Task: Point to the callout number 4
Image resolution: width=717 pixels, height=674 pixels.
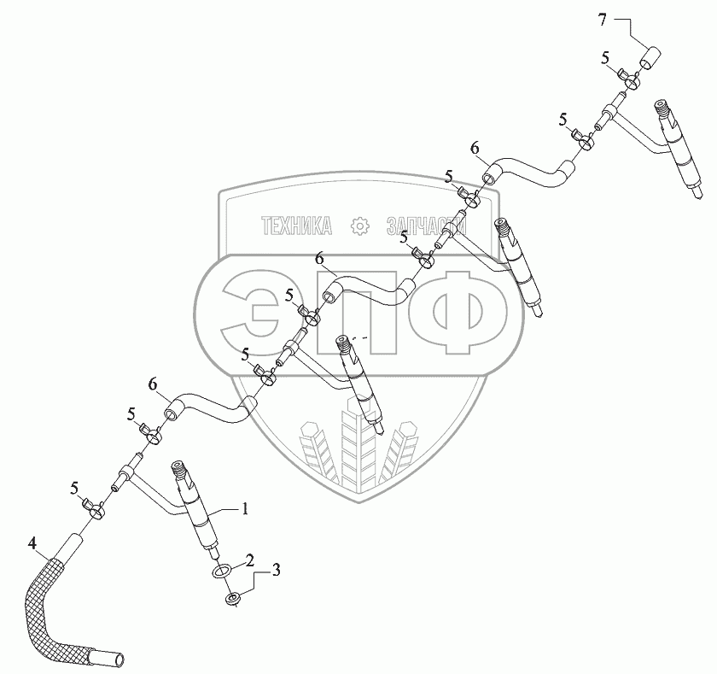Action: point(32,542)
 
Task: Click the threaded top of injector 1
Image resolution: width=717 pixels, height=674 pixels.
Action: point(179,470)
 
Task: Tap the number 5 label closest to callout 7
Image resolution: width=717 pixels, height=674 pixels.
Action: point(605,57)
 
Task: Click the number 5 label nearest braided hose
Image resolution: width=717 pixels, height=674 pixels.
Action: point(74,489)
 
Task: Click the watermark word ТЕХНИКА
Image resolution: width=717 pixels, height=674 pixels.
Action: point(296,226)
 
